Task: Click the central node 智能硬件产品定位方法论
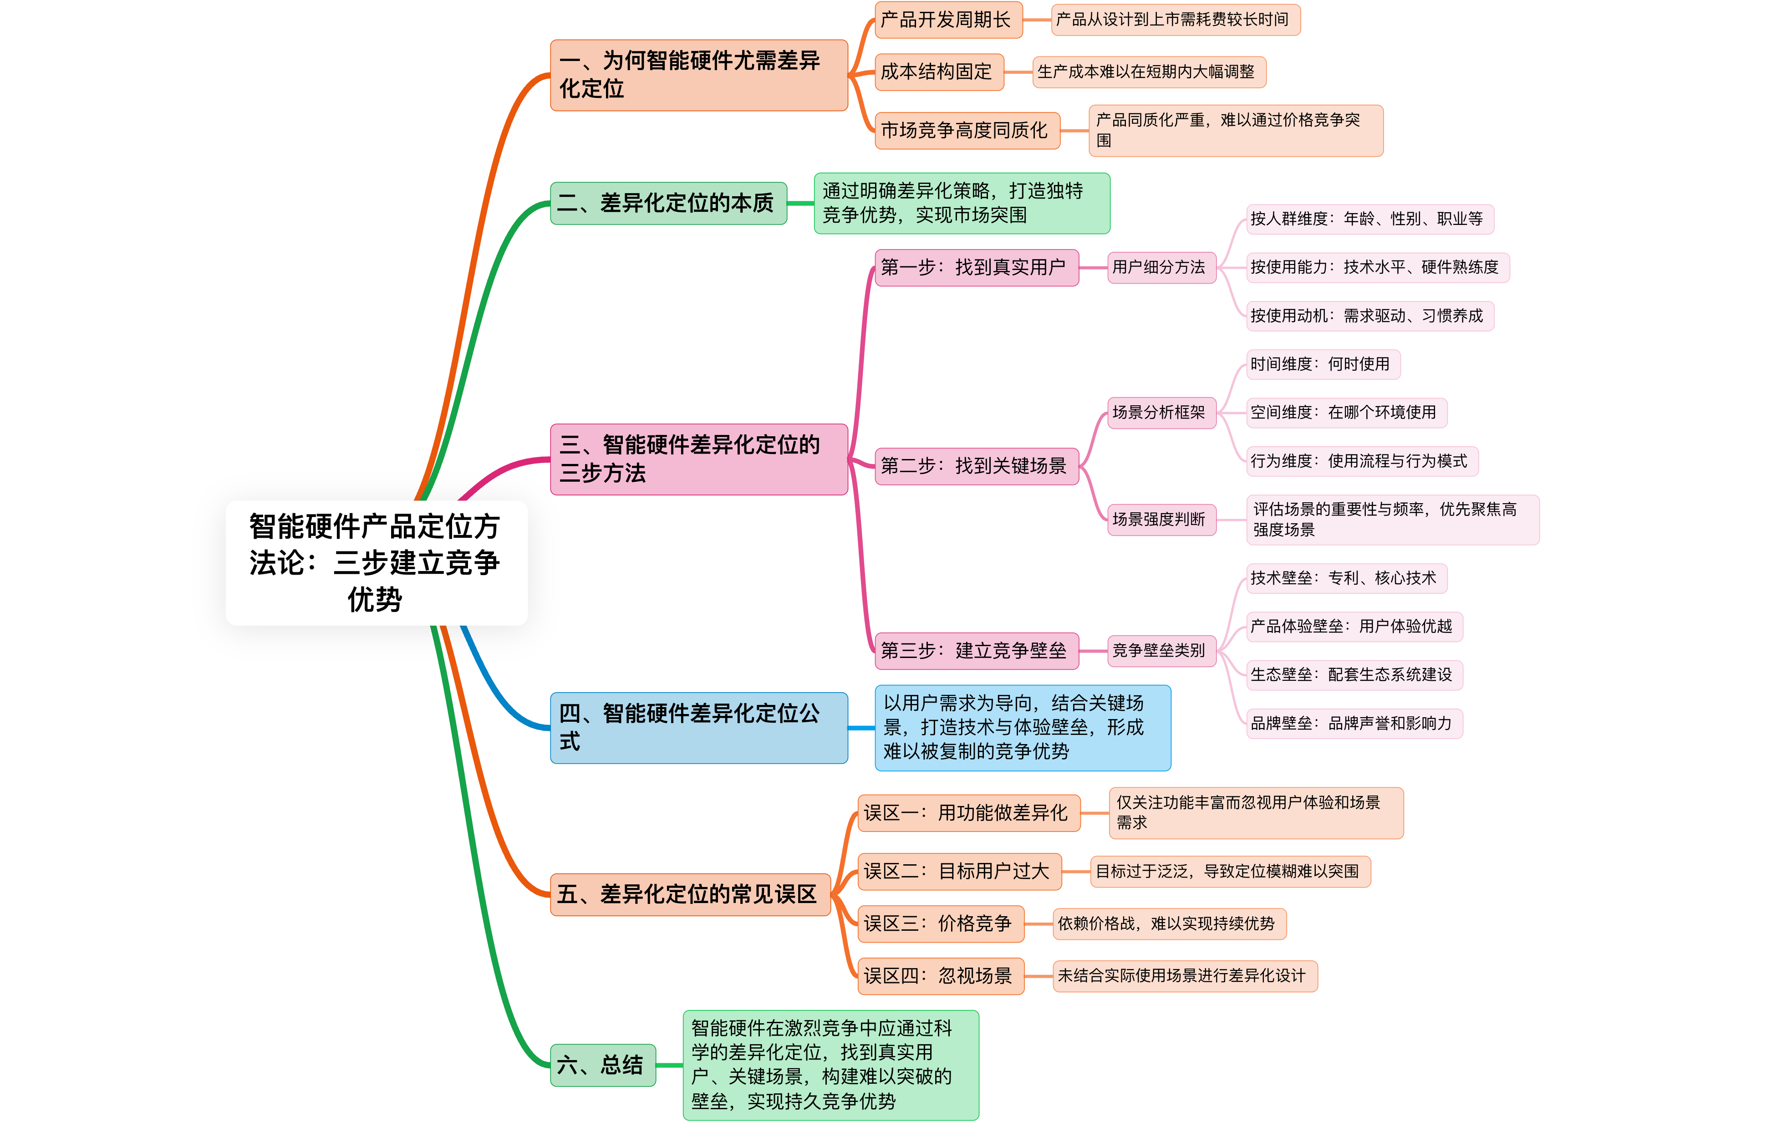point(376,562)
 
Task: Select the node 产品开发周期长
point(948,20)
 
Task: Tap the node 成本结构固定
point(939,72)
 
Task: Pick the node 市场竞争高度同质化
point(967,131)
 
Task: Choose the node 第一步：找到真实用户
point(976,267)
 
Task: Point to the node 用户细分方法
point(1161,267)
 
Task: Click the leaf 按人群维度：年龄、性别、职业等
point(1369,219)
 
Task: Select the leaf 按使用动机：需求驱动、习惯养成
point(1369,316)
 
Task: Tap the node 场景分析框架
point(1161,413)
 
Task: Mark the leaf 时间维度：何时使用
point(1323,364)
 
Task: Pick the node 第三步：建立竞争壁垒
point(976,651)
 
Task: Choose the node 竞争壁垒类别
point(1161,651)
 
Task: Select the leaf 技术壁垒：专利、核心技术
point(1346,578)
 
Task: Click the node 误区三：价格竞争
point(941,924)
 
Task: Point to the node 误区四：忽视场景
point(941,976)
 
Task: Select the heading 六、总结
point(602,1066)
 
